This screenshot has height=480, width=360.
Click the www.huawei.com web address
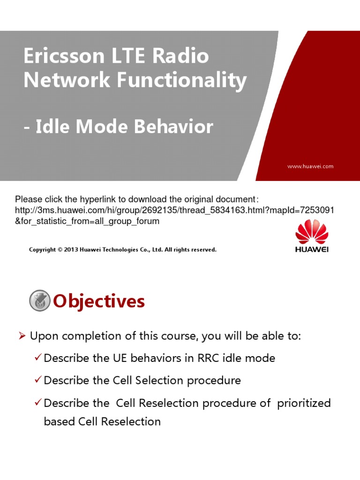310,166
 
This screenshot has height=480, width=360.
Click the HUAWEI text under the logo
312,249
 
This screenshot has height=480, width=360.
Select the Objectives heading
99,301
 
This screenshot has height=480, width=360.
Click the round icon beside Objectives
39,301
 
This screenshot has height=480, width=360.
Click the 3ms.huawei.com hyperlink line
174,210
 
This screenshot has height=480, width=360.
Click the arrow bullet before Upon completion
22,336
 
